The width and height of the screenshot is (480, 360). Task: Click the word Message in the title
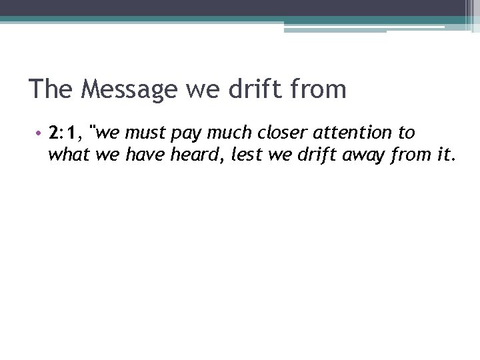[x=129, y=89]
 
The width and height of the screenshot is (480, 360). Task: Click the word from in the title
[x=320, y=89]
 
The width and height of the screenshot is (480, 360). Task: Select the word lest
[x=245, y=155]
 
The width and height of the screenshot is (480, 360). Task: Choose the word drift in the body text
[x=314, y=155]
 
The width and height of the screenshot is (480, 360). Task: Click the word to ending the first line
[x=407, y=133]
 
